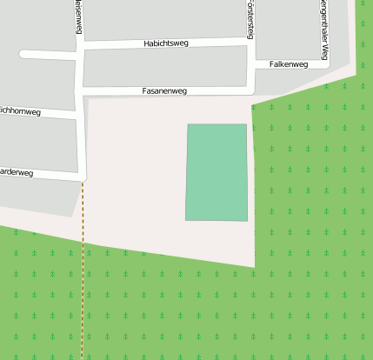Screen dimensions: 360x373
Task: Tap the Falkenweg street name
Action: [x=289, y=64]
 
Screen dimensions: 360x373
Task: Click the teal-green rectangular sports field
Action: [x=216, y=171]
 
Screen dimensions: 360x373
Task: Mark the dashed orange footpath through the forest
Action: [x=83, y=278]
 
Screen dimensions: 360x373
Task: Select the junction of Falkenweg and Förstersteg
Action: [x=250, y=64]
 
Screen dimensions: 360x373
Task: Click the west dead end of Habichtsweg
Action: [x=23, y=54]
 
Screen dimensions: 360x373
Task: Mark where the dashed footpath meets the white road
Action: [x=83, y=180]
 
